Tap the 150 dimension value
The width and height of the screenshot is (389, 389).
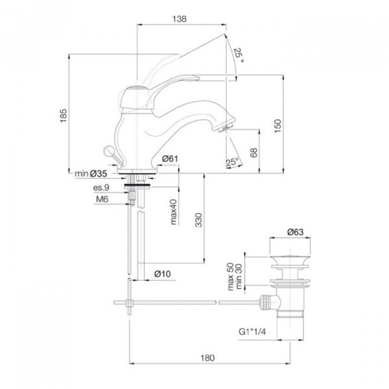(x=278, y=124)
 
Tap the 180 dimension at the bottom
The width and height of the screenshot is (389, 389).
(x=207, y=357)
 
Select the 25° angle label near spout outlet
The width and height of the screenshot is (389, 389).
(x=232, y=161)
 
